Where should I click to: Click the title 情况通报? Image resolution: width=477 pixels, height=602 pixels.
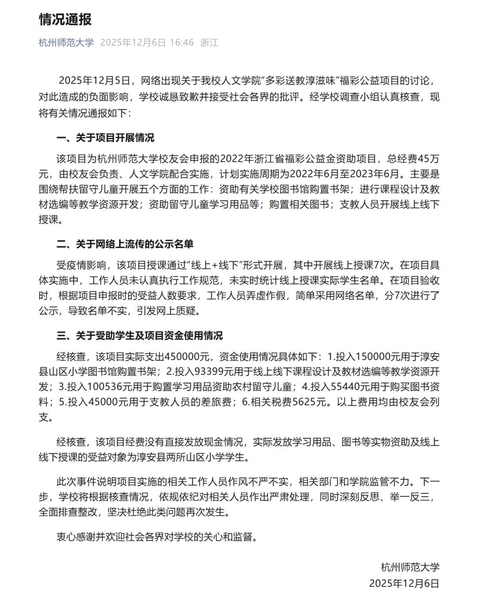point(65,19)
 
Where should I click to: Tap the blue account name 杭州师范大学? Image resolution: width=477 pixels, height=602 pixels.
point(66,42)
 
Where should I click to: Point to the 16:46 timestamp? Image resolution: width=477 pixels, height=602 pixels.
point(182,42)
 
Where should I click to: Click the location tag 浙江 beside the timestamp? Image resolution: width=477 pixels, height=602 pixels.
point(209,42)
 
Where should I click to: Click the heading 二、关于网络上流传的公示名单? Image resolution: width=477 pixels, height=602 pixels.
point(125,244)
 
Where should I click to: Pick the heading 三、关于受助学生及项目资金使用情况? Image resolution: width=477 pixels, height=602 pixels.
point(140,336)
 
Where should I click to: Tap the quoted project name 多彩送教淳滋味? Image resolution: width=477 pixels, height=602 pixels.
point(301,80)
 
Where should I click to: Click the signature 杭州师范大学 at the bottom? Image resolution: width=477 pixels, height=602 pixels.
point(410,567)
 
